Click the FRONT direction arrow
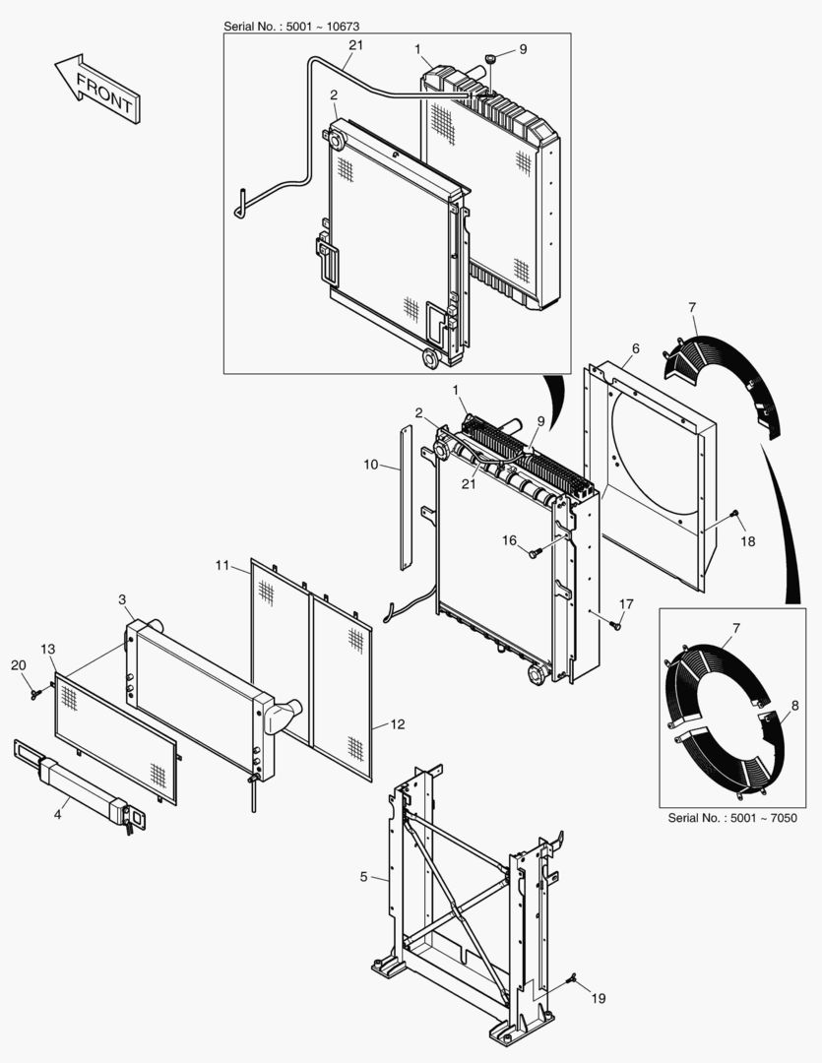point(96,90)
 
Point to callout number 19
point(599,998)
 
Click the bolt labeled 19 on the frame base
point(573,980)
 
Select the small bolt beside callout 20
point(34,694)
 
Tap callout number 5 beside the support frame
point(364,875)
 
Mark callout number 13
point(47,649)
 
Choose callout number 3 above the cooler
point(121,598)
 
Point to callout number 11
point(222,565)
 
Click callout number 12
point(397,724)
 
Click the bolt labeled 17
point(615,623)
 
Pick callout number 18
point(748,541)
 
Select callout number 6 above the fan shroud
point(635,348)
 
